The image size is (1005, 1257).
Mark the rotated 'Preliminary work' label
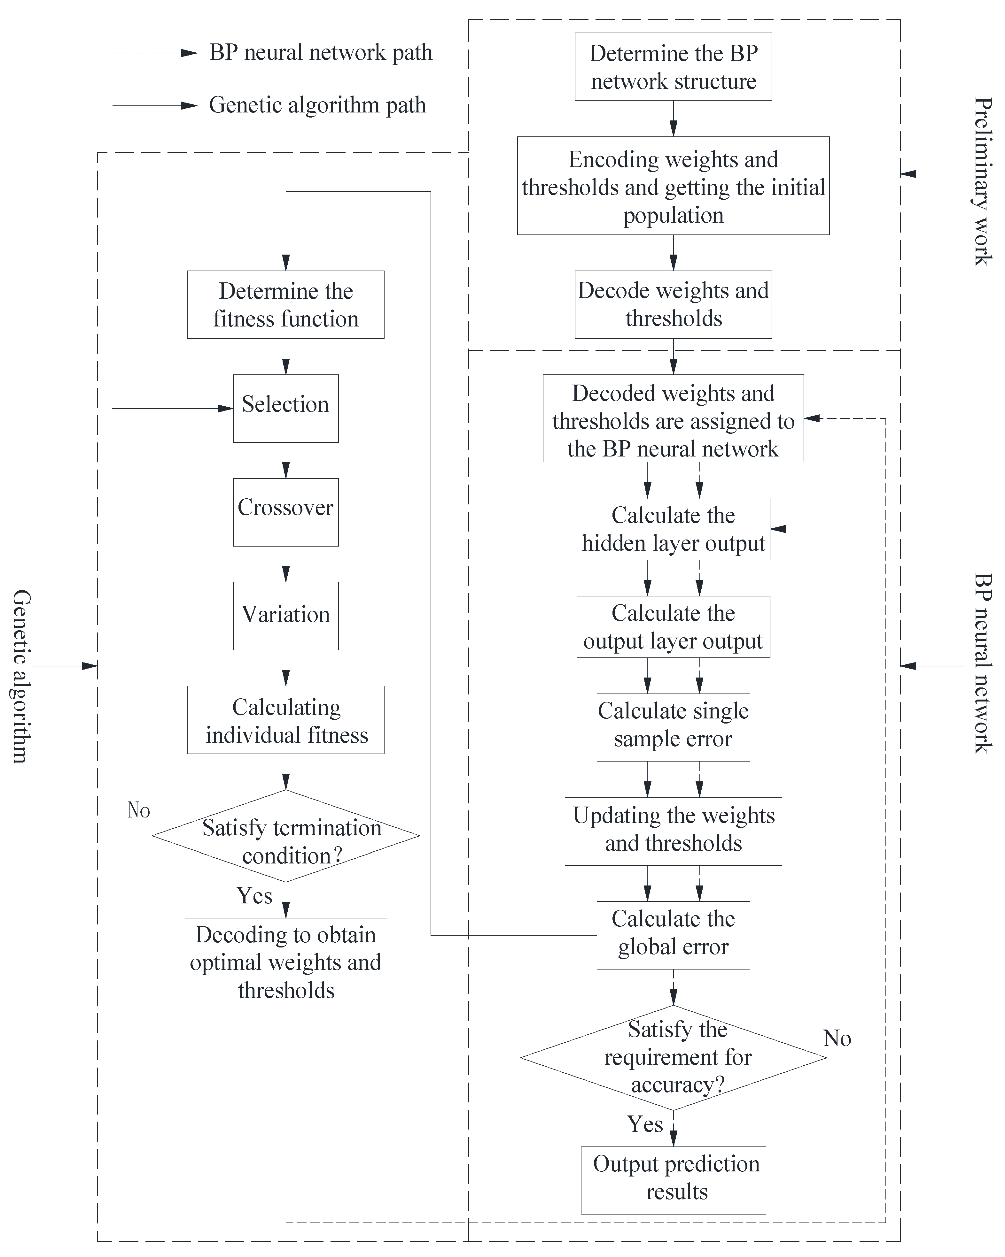983,182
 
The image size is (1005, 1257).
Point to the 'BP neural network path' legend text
321,52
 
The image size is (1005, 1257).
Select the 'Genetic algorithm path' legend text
317,105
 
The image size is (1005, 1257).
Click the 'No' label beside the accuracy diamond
837,1039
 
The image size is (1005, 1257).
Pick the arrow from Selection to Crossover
286,461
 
